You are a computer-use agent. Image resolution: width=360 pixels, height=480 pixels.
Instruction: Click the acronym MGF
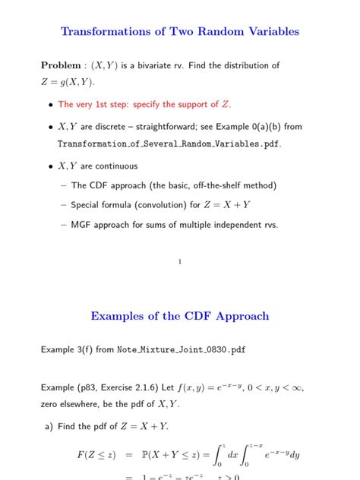pos(82,224)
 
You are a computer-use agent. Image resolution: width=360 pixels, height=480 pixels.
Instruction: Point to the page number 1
pos(179,262)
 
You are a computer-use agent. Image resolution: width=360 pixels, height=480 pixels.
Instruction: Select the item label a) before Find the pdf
pos(49,427)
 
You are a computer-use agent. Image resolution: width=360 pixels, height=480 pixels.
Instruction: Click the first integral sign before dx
pos(216,455)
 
